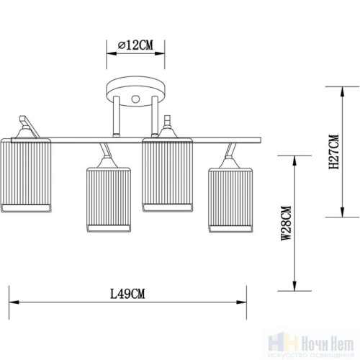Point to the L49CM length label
(128, 293)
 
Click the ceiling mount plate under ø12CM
(135, 94)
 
